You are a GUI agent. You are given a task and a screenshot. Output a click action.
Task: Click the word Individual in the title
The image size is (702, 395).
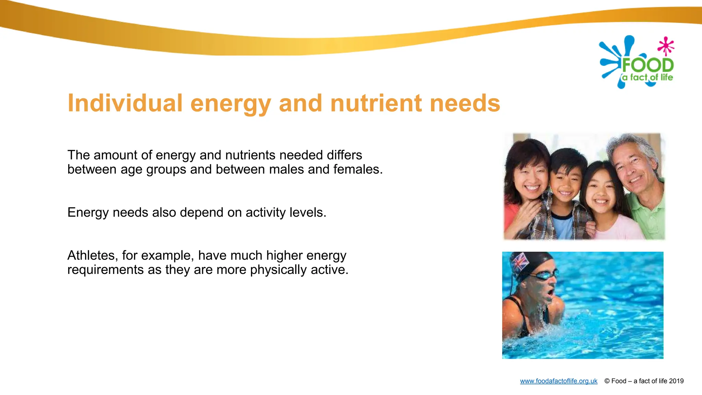[x=125, y=103]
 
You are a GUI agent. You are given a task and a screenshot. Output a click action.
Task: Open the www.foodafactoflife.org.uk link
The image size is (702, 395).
[x=558, y=381]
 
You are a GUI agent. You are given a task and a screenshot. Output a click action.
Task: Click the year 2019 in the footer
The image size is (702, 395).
[x=676, y=381]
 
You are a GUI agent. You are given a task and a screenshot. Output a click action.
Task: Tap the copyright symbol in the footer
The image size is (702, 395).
[x=607, y=381]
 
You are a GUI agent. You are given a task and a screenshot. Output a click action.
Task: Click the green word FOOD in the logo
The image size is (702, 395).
[x=648, y=65]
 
